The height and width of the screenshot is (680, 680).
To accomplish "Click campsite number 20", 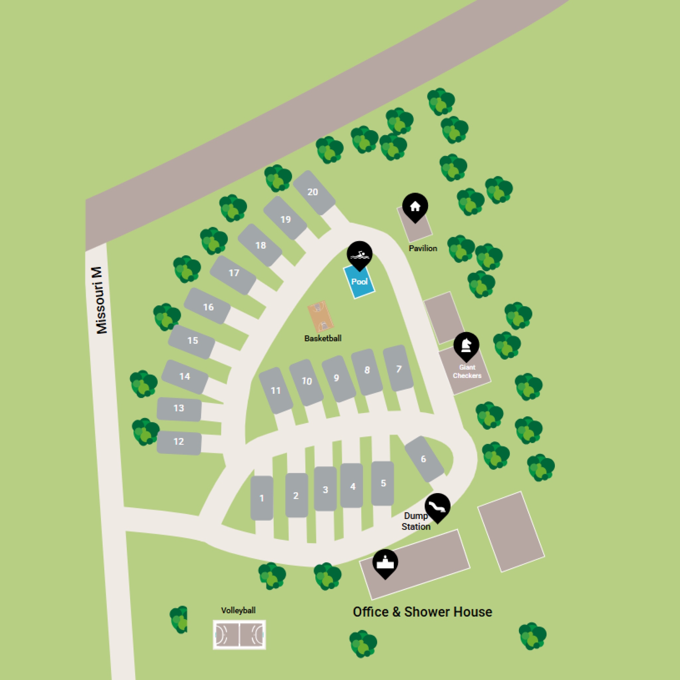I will click(x=313, y=192).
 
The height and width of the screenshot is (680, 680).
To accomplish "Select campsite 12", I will click(x=179, y=442).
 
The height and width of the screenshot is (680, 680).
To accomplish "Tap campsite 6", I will click(x=424, y=459).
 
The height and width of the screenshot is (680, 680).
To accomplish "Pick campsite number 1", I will click(x=262, y=498).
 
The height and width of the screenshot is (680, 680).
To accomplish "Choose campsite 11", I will click(x=276, y=390).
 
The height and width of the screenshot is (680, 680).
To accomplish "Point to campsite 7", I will click(x=398, y=369).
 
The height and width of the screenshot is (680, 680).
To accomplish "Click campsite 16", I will click(x=208, y=306).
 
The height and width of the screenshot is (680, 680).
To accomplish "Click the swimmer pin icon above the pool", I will click(x=359, y=254).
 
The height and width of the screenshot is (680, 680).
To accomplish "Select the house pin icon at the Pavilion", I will click(x=415, y=206).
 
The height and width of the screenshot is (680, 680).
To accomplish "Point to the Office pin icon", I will click(x=385, y=563).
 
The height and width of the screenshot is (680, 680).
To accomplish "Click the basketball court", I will click(x=320, y=316).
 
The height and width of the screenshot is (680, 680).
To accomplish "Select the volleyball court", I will click(x=239, y=635).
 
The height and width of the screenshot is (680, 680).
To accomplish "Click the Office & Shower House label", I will click(x=422, y=612).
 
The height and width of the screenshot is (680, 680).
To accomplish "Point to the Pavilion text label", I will click(x=423, y=248).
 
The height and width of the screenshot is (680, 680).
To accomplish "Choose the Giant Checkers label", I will click(x=467, y=371).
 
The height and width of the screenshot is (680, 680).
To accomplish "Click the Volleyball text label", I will click(x=238, y=611).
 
